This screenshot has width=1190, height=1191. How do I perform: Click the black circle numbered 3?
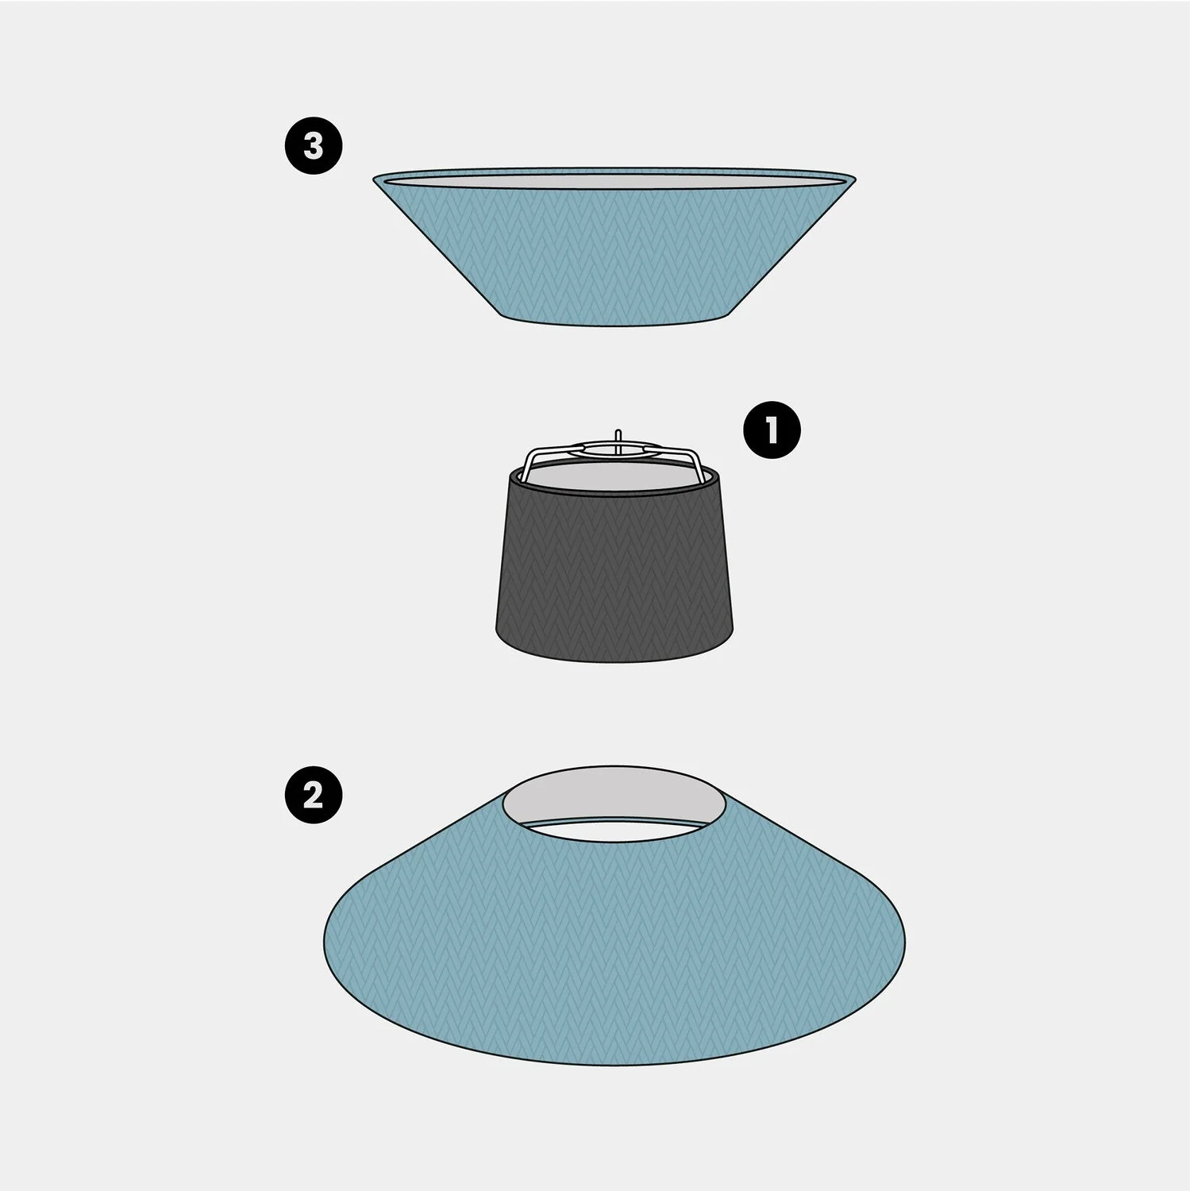pyautogui.click(x=314, y=146)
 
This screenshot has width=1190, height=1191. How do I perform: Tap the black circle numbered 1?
pyautogui.click(x=772, y=430)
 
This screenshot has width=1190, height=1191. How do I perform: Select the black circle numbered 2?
pyautogui.click(x=314, y=793)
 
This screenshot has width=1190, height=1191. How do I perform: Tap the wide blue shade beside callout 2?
pyautogui.click(x=615, y=937)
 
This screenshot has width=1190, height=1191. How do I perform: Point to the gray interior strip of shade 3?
pyautogui.click(x=614, y=181)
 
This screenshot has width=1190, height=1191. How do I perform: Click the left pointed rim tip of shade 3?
pyautogui.click(x=374, y=178)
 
